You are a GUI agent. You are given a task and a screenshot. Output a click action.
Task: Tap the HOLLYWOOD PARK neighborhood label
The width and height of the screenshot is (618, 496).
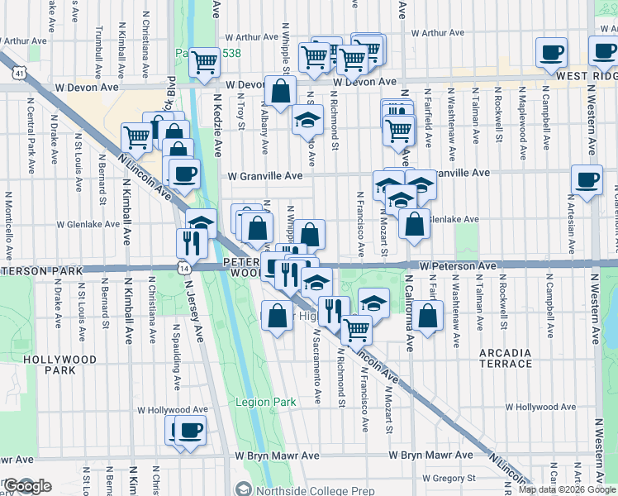60,365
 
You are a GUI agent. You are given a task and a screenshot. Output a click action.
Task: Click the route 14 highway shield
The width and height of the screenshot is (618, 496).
183,267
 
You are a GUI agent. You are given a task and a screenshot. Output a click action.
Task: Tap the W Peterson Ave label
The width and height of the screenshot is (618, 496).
457,266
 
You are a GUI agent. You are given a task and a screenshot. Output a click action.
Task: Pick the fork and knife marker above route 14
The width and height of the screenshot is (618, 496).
188,241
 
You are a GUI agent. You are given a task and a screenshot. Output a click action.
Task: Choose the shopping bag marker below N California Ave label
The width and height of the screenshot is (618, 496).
427,315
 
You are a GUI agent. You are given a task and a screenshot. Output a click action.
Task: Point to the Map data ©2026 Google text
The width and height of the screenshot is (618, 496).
567,489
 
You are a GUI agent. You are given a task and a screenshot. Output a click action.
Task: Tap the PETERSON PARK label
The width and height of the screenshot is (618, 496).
41,271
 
